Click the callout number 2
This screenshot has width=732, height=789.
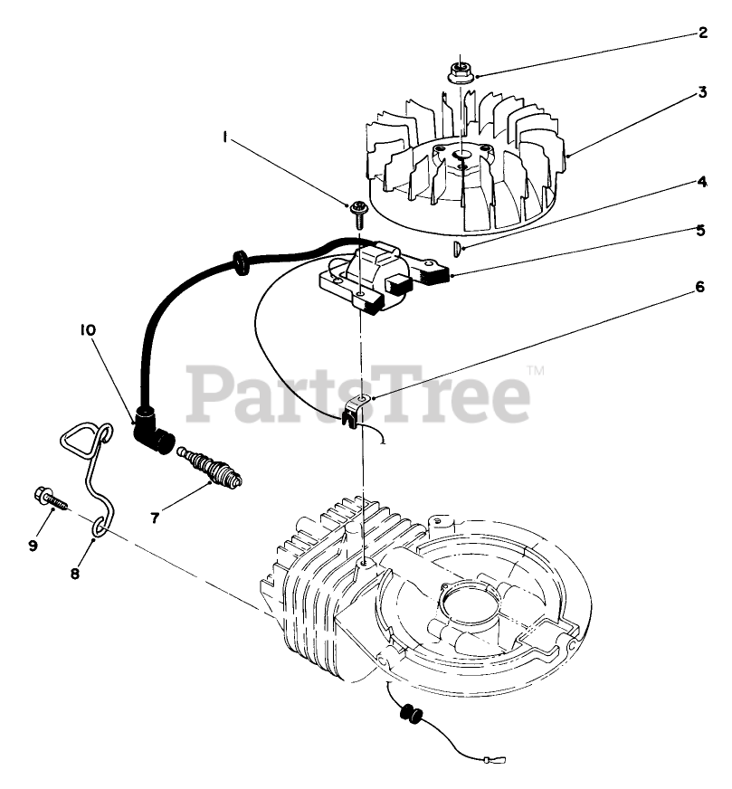tap(701, 33)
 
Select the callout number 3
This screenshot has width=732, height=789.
tap(701, 92)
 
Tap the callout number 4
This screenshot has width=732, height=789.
tap(701, 181)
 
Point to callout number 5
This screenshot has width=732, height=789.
tap(701, 230)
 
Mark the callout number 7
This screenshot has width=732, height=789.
tap(155, 518)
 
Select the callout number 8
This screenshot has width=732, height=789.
tap(75, 573)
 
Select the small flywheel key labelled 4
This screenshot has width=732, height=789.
tap(458, 248)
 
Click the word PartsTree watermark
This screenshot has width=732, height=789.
tap(359, 392)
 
